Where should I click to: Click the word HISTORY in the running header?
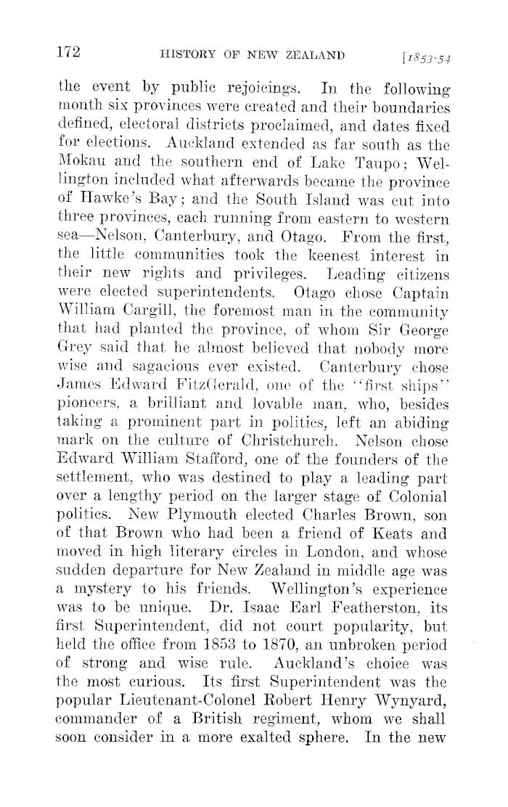[192, 54]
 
